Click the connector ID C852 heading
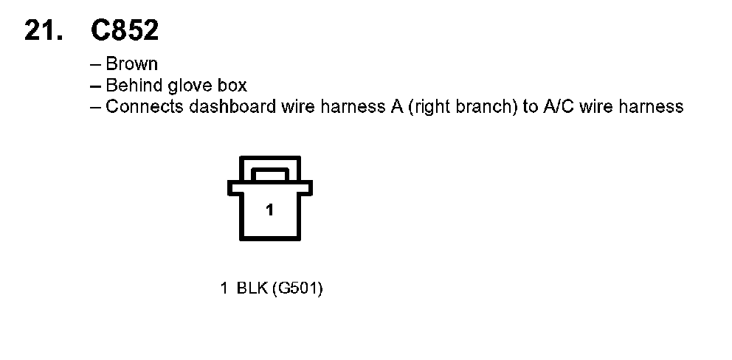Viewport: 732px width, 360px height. click(x=124, y=30)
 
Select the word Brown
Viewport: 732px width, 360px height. click(x=132, y=64)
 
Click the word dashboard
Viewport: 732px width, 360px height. click(x=223, y=106)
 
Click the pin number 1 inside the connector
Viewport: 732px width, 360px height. click(x=269, y=211)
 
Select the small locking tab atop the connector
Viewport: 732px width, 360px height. click(x=269, y=173)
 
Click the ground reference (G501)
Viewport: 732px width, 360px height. click(x=297, y=288)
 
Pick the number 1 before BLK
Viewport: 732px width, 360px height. click(x=224, y=288)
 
